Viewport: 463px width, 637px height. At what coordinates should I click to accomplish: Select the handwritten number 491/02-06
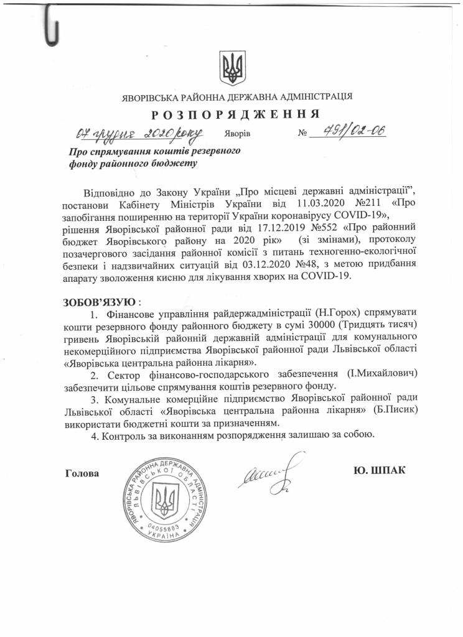348,131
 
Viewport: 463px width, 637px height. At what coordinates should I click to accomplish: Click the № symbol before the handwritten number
304,134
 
